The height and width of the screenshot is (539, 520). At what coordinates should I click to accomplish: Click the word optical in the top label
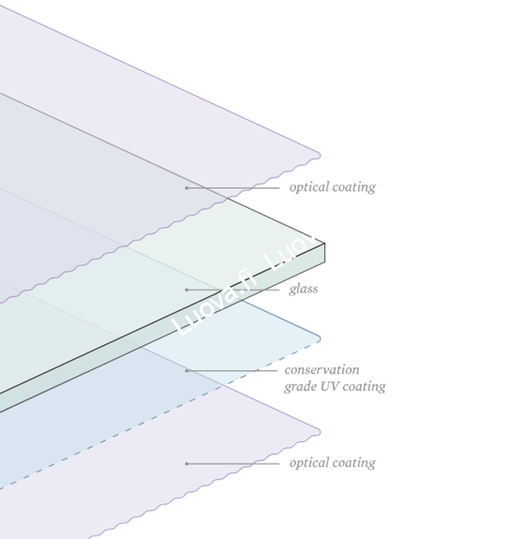click(309, 188)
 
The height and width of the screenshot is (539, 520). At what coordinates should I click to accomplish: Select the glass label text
click(303, 289)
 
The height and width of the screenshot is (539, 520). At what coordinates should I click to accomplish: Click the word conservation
click(322, 370)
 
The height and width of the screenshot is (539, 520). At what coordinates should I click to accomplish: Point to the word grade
click(301, 387)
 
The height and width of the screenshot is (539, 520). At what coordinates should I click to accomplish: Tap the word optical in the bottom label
click(309, 464)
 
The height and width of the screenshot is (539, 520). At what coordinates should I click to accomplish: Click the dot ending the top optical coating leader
click(186, 188)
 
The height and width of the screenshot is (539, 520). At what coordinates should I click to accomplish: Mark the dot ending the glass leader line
click(186, 289)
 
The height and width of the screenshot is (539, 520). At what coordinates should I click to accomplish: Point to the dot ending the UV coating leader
click(186, 371)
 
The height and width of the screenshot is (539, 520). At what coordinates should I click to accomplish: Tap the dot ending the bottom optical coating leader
click(186, 464)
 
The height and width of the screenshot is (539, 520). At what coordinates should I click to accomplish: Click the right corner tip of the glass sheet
click(324, 244)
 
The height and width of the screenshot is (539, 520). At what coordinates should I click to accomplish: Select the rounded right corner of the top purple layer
click(319, 156)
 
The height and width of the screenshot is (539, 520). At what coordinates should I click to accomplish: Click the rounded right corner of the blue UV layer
click(319, 339)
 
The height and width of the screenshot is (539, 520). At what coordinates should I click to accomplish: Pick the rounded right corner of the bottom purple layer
click(319, 432)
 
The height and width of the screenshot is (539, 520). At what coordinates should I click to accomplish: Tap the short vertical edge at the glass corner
click(324, 253)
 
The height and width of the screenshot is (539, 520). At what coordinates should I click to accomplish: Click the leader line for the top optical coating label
click(233, 188)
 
